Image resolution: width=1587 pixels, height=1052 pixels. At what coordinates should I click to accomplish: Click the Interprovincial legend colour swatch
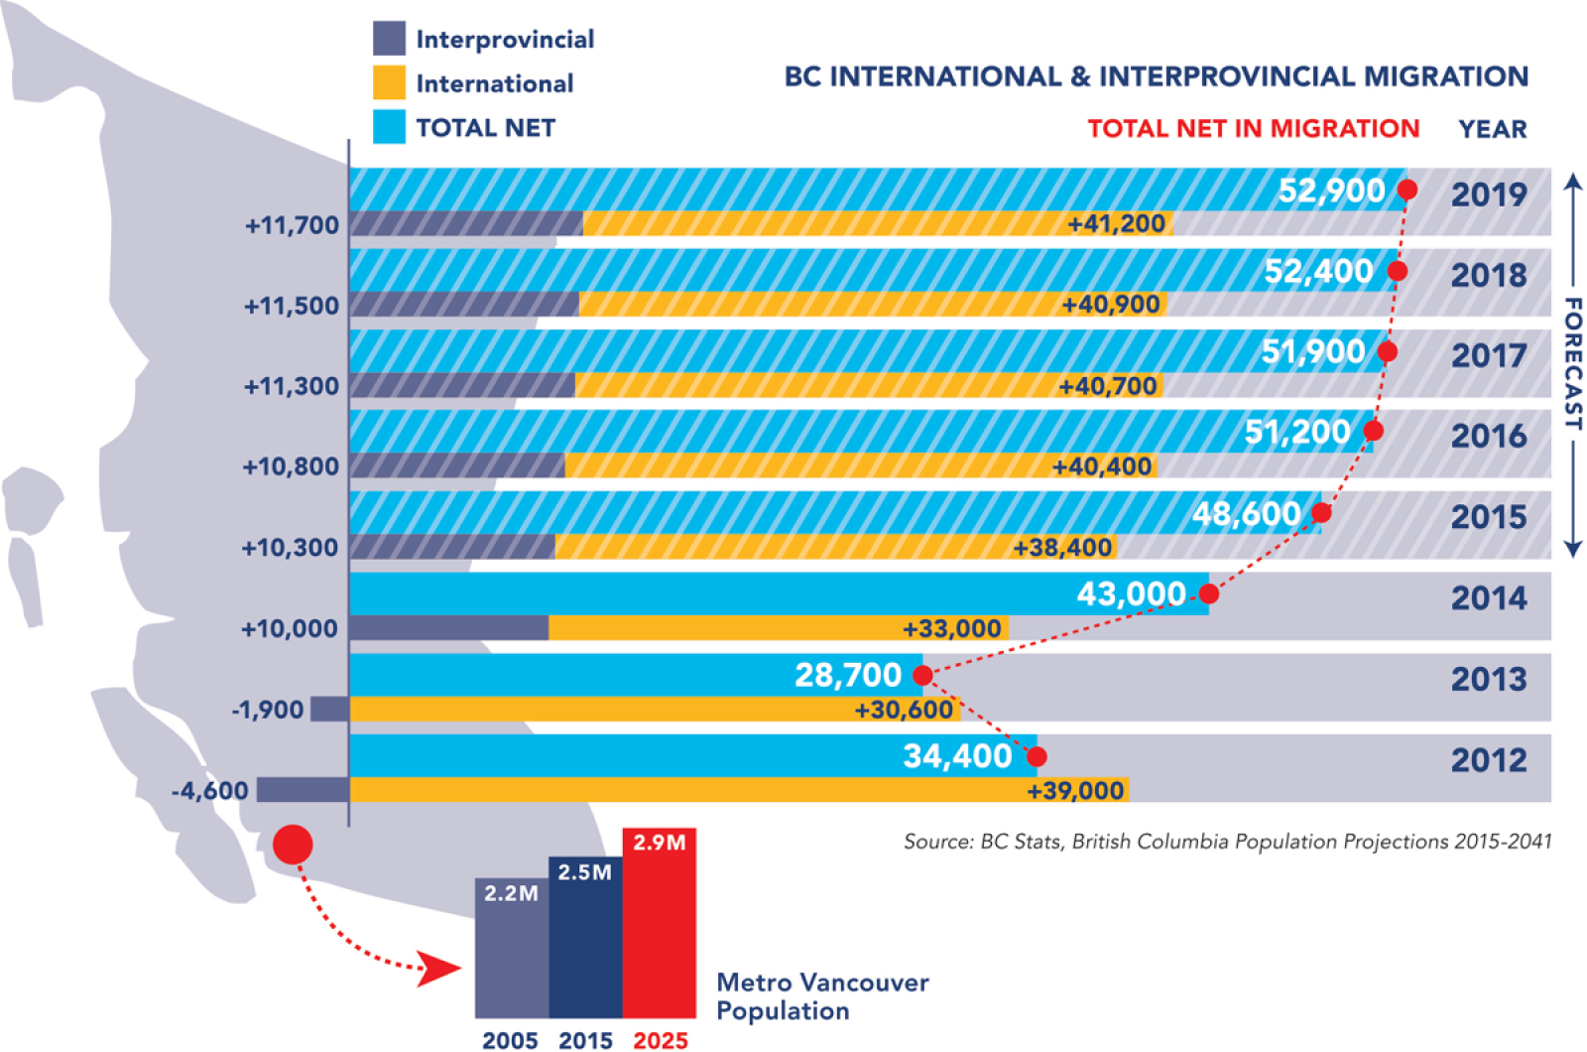389,39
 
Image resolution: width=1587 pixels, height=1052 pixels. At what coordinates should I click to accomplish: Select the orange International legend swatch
389,82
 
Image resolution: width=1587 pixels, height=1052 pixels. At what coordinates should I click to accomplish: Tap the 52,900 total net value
1331,191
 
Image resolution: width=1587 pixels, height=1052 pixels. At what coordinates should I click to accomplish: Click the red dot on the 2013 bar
922,676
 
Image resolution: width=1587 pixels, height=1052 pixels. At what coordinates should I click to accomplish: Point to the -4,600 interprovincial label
209,791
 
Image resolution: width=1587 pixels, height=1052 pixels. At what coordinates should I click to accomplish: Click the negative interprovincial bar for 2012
303,790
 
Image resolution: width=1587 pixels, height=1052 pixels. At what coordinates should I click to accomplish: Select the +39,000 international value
1075,791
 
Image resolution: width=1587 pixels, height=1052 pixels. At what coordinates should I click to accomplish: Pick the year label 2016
1489,436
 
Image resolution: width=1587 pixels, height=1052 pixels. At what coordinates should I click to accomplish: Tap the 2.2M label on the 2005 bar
511,893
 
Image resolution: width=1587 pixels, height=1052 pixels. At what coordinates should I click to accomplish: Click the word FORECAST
1572,363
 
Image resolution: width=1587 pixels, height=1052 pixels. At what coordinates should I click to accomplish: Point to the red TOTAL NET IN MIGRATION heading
1253,129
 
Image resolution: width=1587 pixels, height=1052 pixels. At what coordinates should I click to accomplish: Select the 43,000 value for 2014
1132,594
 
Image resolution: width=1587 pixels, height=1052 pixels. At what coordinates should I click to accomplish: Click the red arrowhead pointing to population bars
436,969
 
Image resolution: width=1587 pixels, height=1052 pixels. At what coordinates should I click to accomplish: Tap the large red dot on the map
293,845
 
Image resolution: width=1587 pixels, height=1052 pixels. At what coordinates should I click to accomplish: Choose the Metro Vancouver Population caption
822,996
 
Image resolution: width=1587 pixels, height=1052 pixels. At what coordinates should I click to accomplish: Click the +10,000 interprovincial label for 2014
290,629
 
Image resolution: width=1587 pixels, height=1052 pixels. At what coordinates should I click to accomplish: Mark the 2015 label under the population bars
585,1040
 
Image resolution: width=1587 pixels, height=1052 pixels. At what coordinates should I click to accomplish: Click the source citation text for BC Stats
1227,842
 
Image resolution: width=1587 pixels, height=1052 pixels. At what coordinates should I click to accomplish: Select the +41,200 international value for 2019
1116,224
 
